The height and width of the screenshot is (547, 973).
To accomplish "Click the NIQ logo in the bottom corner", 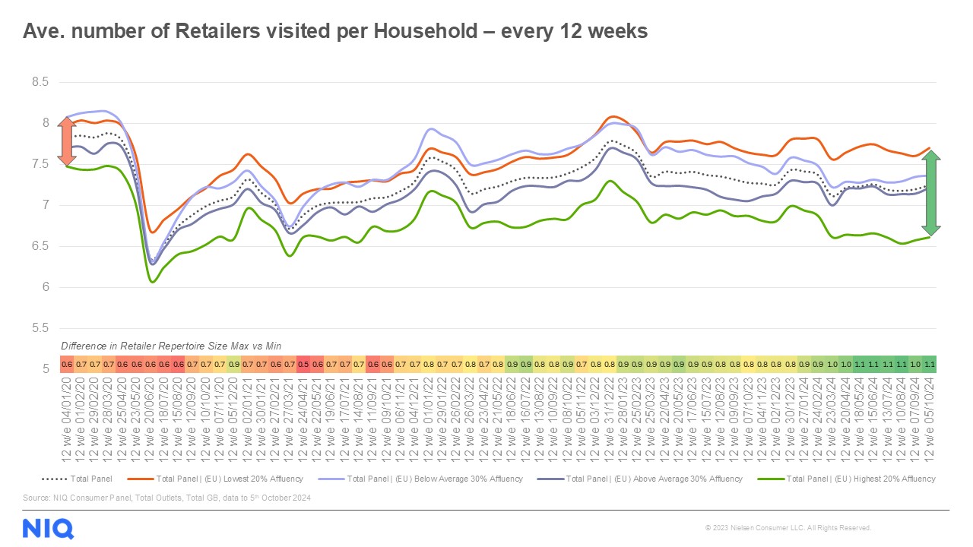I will click(x=49, y=527).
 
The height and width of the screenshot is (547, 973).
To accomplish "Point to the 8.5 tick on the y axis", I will click(x=38, y=82).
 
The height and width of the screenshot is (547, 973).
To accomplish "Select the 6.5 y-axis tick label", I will click(x=38, y=246).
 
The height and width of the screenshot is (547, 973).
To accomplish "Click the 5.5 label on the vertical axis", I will click(x=38, y=328).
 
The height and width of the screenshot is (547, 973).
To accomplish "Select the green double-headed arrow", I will click(x=932, y=193).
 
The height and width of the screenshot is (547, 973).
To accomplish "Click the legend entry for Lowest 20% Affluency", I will click(x=229, y=479).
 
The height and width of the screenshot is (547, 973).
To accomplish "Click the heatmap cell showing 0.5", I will click(x=303, y=364).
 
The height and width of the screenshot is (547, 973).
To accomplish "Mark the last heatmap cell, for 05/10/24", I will click(x=929, y=364).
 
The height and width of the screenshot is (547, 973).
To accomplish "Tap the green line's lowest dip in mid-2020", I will click(x=153, y=282).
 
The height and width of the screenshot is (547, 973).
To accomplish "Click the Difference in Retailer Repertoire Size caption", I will click(x=171, y=346).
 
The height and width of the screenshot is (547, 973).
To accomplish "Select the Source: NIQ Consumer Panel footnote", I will click(x=167, y=498).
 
